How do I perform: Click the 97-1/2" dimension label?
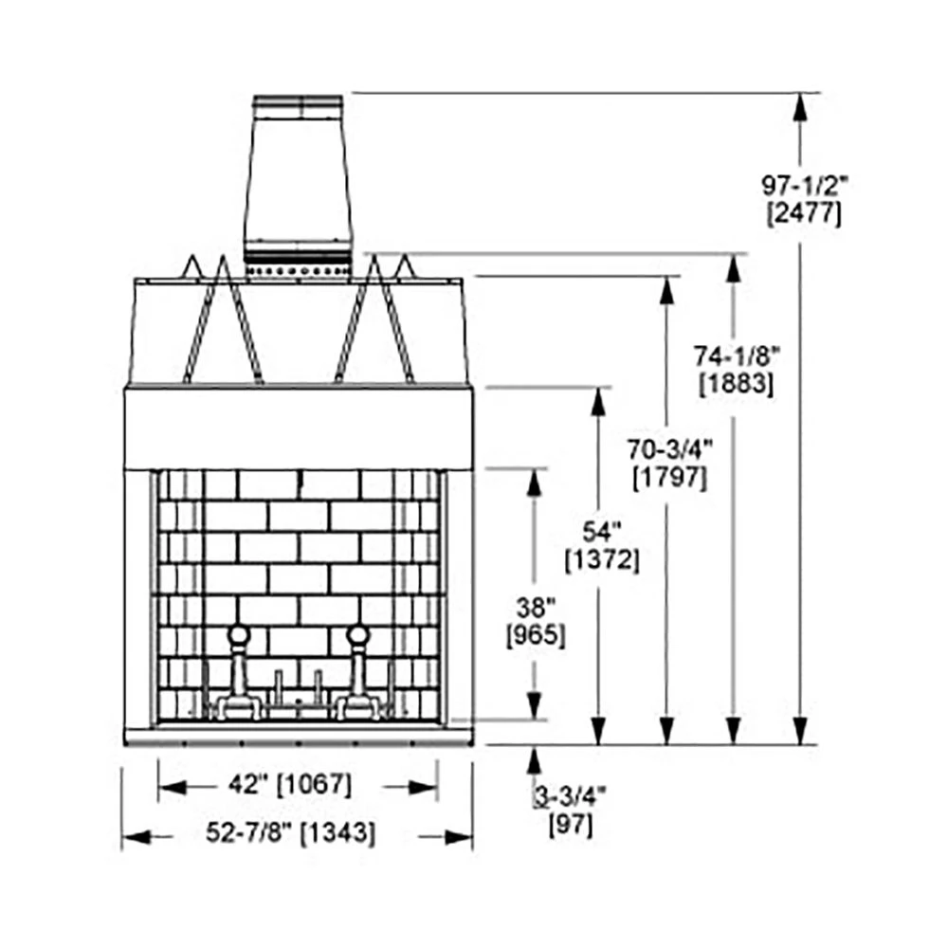click(x=805, y=186)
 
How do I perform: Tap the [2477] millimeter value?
click(x=804, y=213)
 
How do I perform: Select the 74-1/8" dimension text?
click(x=737, y=356)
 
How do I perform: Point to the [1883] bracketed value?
click(x=737, y=384)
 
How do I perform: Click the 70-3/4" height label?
click(x=670, y=449)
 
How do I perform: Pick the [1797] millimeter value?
click(x=669, y=478)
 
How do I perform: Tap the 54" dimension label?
click(x=602, y=532)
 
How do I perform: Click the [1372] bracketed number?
click(x=602, y=560)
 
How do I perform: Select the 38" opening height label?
click(x=536, y=607)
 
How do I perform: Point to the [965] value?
click(x=536, y=635)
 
